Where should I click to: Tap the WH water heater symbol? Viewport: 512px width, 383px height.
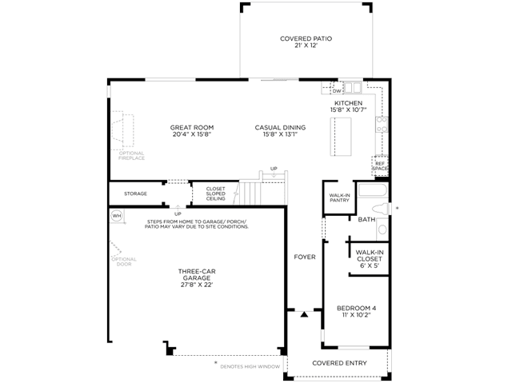click(x=117, y=216)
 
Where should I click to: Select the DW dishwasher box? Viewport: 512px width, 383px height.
click(x=337, y=90)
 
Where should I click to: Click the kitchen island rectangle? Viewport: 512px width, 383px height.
click(x=341, y=137)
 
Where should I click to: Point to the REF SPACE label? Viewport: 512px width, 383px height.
click(x=380, y=166)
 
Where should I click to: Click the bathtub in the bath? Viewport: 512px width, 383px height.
click(x=373, y=190)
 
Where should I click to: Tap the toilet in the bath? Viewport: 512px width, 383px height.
click(x=381, y=209)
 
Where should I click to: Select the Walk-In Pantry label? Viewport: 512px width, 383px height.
click(x=339, y=197)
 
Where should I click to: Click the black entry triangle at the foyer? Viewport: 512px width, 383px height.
click(x=304, y=314)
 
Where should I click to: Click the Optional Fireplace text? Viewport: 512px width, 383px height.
click(x=131, y=156)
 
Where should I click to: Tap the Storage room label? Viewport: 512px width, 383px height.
click(x=135, y=193)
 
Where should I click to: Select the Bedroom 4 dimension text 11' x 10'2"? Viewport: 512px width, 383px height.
click(x=356, y=315)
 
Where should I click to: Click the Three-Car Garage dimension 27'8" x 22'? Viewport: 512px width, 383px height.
click(x=197, y=285)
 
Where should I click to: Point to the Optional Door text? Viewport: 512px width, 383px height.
click(x=124, y=261)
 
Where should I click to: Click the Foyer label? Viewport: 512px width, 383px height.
click(x=305, y=257)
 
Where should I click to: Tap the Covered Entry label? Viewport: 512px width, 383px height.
click(x=339, y=363)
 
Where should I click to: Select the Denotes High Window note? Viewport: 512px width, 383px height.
click(x=250, y=367)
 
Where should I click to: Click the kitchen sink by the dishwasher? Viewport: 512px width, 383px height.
click(x=353, y=87)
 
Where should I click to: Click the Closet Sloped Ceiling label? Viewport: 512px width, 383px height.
click(x=215, y=193)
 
